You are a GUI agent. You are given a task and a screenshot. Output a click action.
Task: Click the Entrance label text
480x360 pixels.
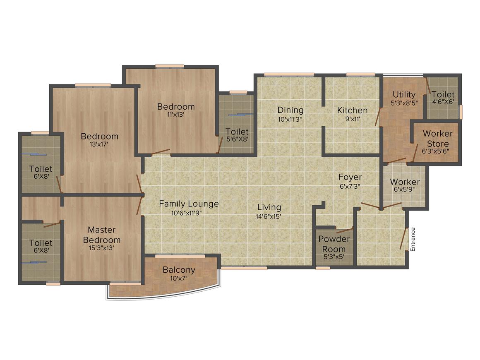tap(412, 240)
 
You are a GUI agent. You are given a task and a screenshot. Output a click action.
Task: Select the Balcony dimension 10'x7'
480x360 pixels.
tap(179, 278)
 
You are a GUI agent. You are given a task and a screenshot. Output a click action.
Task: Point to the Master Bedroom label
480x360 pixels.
tap(102, 235)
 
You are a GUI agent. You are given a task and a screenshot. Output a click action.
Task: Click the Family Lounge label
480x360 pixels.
tap(189, 204)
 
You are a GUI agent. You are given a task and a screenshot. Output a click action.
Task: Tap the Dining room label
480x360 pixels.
tap(290, 110)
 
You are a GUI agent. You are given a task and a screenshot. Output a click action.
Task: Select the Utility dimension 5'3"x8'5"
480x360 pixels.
tap(404, 103)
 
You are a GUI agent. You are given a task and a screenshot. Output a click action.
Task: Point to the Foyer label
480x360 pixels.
tap(350, 178)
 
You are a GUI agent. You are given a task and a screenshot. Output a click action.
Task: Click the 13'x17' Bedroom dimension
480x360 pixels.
tap(99, 145)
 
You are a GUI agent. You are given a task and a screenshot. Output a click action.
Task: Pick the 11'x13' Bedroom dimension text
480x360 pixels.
tap(175, 115)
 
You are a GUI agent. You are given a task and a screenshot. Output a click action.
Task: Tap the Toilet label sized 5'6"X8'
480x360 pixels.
tap(237, 132)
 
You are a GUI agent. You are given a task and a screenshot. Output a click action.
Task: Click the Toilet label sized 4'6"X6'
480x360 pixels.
tap(443, 95)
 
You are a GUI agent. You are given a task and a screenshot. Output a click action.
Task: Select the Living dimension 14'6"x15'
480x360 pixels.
tap(269, 216)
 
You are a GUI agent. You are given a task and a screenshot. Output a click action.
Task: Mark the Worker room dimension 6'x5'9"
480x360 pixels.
tap(404, 190)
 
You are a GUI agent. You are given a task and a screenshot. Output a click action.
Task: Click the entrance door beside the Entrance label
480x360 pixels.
tap(403, 239)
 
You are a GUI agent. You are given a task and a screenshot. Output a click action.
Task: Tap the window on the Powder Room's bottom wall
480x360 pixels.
tap(323, 268)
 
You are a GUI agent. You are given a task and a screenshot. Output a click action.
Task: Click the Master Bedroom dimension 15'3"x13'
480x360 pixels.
tap(102, 248)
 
